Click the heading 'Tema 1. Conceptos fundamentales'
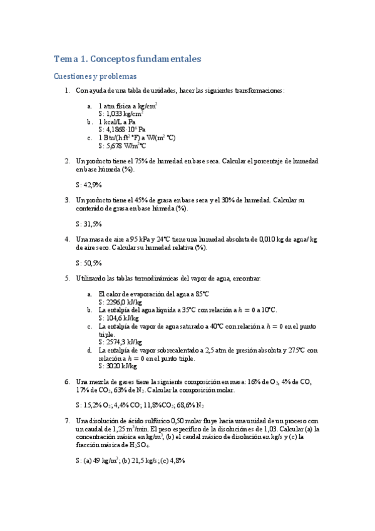tap(128, 59)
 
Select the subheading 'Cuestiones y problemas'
tap(95, 76)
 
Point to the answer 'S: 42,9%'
tap(88, 185)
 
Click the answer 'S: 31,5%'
tap(88, 224)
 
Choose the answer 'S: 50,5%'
tap(88, 263)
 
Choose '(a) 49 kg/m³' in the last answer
tap(103, 461)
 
